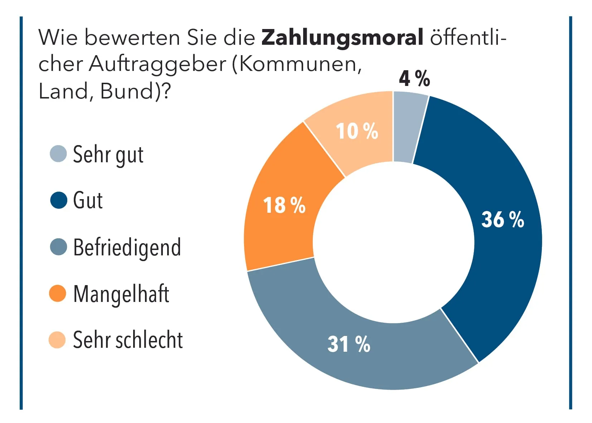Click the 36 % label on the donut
[x=502, y=219]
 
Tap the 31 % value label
[x=349, y=344]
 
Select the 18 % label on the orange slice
[x=284, y=205]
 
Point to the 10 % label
[x=356, y=131]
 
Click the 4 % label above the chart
[x=414, y=78]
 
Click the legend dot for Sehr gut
[x=58, y=154]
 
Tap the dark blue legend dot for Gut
[x=59, y=200]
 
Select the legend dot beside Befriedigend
[x=58, y=247]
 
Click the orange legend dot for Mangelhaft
[x=58, y=293]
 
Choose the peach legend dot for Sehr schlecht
[x=57, y=340]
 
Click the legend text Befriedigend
[x=127, y=247]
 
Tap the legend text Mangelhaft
[x=121, y=294]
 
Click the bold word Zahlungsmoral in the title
[x=342, y=37]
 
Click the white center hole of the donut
[x=393, y=242]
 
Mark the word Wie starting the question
[x=58, y=37]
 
